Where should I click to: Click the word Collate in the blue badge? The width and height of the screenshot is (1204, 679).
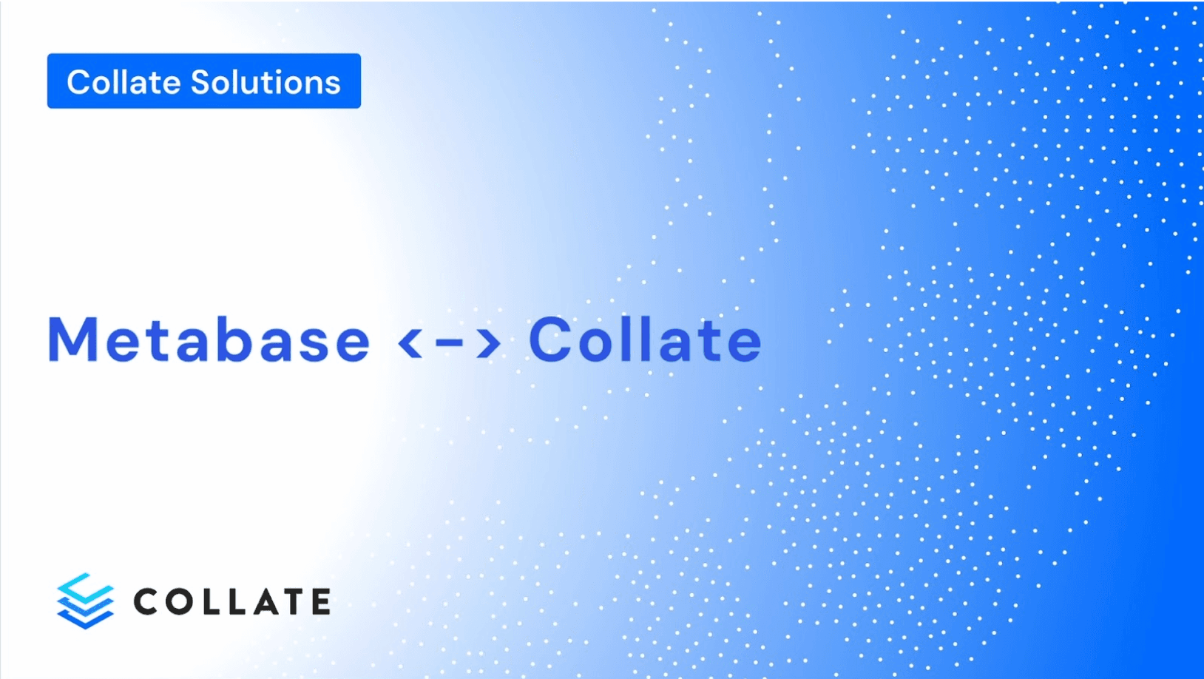point(124,82)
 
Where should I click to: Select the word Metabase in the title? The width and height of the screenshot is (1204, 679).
point(209,340)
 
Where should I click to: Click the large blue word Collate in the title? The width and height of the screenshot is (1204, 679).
point(645,340)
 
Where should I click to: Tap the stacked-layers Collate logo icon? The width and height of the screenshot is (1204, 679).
point(85,601)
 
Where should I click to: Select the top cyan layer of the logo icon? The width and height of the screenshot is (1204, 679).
point(85,587)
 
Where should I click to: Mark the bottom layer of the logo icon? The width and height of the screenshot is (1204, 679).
point(85,618)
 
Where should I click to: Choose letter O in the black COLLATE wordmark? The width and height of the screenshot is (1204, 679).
point(182,601)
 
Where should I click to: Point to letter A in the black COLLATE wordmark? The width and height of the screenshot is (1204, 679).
point(265,601)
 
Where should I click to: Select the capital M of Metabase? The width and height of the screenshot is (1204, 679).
point(72,340)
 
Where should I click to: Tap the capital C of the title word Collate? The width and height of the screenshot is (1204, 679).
point(550,340)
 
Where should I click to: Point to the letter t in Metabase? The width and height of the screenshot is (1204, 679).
point(157,340)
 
